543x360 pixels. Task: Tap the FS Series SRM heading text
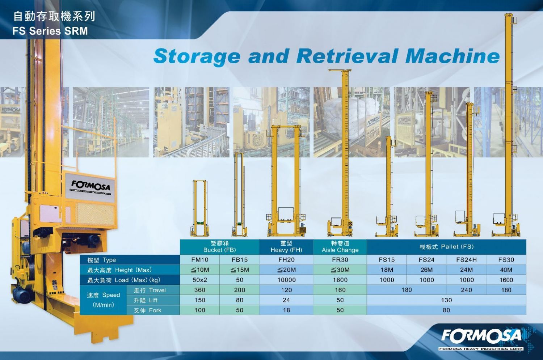coord(50,31)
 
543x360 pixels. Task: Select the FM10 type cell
coord(200,260)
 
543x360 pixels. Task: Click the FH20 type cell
coord(286,260)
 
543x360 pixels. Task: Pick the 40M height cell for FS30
coord(506,270)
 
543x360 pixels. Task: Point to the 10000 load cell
coord(286,280)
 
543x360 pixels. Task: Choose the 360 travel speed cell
coord(200,290)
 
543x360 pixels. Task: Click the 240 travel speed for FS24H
coord(466,290)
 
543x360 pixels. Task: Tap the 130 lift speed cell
coord(446,300)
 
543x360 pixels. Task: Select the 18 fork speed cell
coord(286,310)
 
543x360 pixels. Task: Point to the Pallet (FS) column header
coord(446,247)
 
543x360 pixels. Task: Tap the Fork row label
coord(147,310)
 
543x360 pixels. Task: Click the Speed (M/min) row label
coord(104,300)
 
